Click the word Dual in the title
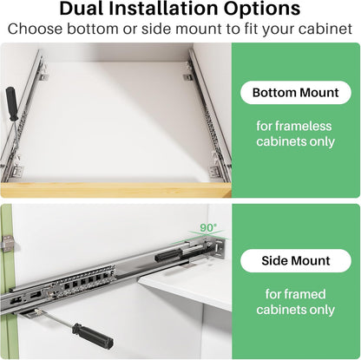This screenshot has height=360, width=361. pos(82,9)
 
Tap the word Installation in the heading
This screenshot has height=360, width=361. pos(163,9)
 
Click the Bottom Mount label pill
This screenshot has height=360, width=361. pos(296,93)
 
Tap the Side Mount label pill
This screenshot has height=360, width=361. pos(296,260)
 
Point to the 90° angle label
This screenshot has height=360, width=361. pos(208,227)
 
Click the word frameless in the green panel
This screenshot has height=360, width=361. pos(303,126)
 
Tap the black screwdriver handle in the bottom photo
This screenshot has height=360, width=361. pos(92,336)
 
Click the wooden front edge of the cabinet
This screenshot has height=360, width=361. pos(115,190)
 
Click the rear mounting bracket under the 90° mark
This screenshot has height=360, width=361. pos(218,249)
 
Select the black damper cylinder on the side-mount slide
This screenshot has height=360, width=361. pos(168,255)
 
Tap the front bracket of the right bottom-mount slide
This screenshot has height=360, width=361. pos(215,171)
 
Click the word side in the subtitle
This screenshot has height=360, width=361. pos(157,29)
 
